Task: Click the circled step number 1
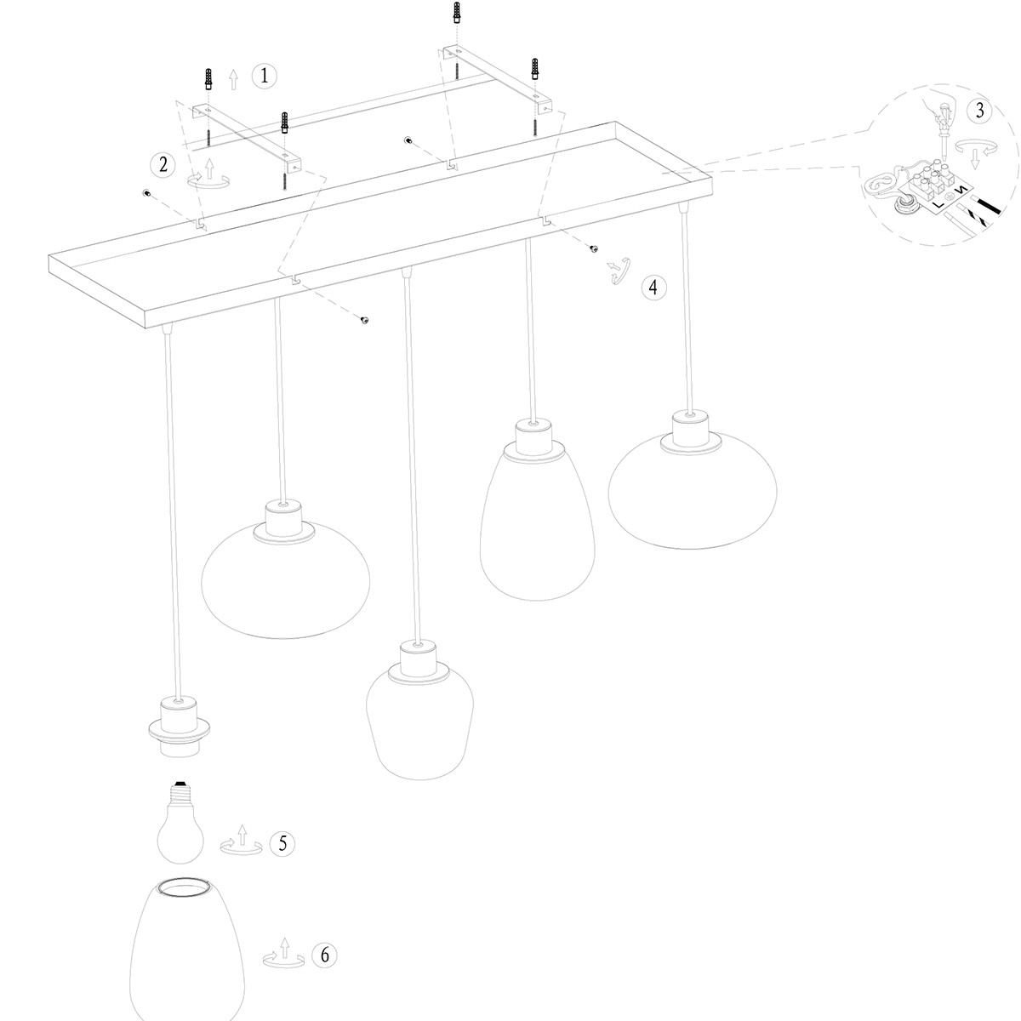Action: coord(264,76)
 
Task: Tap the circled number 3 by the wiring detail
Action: coord(979,110)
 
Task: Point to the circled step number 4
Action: coord(653,287)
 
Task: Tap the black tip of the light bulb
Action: coord(180,781)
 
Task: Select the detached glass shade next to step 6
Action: coord(188,944)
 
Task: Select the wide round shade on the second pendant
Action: coord(286,579)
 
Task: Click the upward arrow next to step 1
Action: coord(234,80)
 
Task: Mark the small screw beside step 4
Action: coord(592,248)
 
